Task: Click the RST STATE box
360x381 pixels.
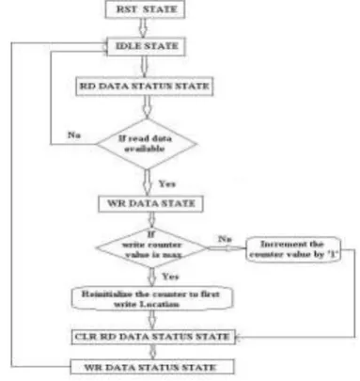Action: [145, 9]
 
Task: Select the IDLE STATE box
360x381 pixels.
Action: [146, 47]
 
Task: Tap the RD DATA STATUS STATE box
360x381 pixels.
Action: [145, 87]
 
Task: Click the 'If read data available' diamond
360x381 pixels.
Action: [147, 144]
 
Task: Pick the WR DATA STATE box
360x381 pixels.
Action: [150, 204]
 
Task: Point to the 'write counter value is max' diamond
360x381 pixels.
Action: [152, 247]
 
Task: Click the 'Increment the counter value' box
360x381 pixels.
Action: [293, 249]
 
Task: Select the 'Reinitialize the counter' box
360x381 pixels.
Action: [152, 298]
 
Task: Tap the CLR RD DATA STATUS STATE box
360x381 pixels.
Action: [153, 337]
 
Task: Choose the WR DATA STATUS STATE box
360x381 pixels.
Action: [152, 367]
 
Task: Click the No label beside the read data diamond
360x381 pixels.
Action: [74, 135]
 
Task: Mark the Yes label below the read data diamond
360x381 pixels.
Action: [166, 183]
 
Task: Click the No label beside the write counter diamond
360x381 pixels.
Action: [225, 239]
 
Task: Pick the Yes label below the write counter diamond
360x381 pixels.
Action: [170, 277]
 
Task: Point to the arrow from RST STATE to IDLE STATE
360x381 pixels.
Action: [143, 28]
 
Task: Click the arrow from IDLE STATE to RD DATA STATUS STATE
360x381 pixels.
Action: [144, 67]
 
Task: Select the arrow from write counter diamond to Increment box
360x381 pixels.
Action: [227, 248]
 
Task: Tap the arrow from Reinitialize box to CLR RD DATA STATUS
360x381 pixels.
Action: [152, 320]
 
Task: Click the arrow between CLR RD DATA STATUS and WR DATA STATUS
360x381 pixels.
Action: [152, 352]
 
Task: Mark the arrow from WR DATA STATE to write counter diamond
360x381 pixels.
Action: [151, 220]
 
